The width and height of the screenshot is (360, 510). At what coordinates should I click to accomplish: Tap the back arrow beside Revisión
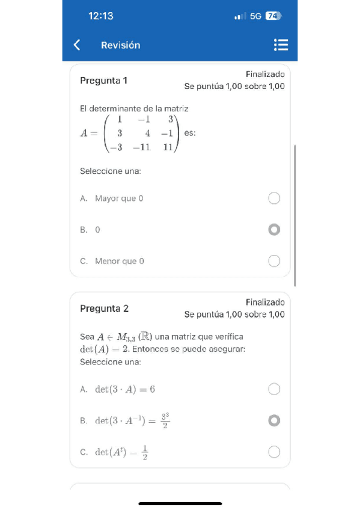point(76,45)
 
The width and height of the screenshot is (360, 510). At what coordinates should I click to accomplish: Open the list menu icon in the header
point(281,45)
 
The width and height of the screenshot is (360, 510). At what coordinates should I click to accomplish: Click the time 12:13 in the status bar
point(100,16)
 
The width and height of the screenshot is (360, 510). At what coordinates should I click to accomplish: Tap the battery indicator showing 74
point(273,16)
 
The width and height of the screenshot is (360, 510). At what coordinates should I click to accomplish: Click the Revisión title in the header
point(120,45)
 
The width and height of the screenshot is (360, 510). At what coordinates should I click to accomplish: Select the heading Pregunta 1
point(103,81)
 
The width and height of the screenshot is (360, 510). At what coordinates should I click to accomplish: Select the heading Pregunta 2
point(104,309)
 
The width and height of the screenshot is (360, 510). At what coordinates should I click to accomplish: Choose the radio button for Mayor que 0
point(274,198)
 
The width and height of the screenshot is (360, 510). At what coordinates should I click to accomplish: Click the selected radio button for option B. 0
point(274,230)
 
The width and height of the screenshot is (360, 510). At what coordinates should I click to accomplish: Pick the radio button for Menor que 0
point(274,261)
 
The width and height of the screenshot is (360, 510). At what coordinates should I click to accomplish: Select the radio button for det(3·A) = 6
point(274,389)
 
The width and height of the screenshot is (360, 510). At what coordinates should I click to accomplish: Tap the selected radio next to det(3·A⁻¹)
point(274,420)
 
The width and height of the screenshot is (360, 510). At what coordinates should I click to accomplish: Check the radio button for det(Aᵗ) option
point(274,452)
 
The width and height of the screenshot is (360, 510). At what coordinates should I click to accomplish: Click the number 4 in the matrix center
point(147,134)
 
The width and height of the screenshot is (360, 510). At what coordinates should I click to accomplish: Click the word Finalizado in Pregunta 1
point(265,74)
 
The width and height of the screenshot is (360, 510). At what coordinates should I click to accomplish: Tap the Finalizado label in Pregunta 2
point(265,302)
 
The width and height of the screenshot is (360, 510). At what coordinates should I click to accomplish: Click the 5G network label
point(255,16)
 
